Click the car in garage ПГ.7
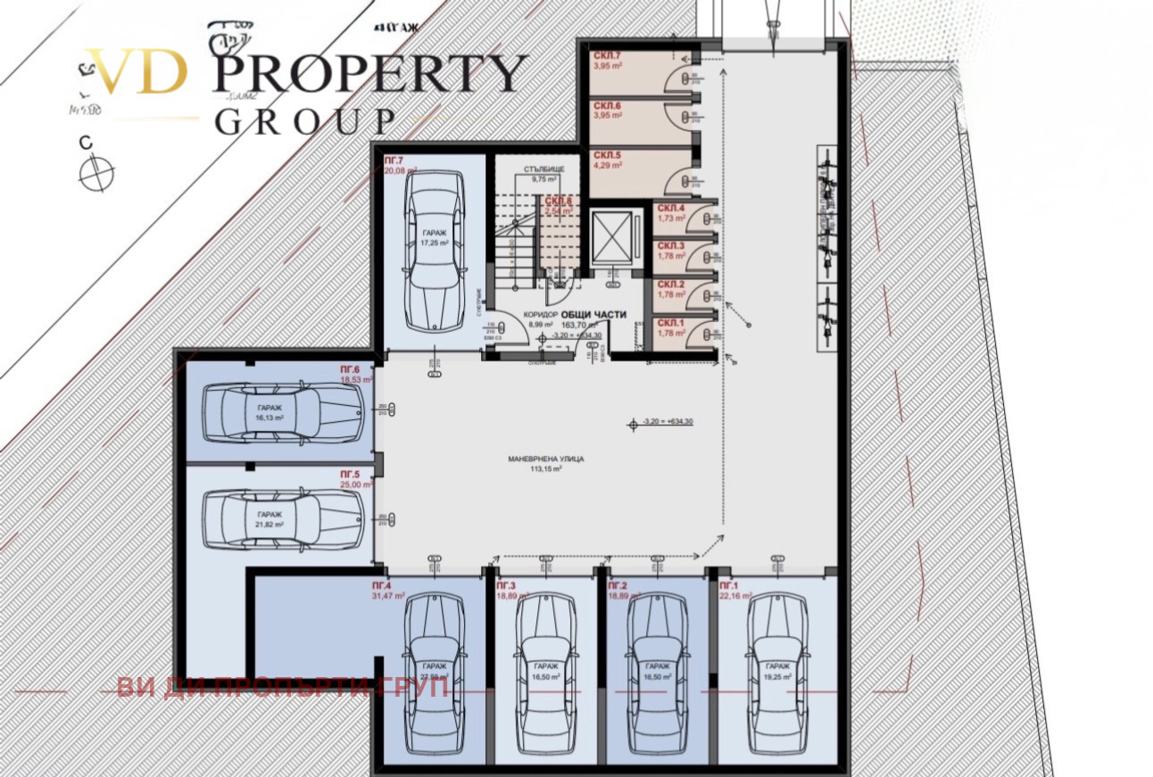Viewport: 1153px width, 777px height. point(434,252)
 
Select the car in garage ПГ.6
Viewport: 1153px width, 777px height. point(283,411)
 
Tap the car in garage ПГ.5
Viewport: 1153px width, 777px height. point(283,520)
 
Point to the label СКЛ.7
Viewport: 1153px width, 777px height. point(607,55)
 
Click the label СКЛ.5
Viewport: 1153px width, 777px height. point(607,154)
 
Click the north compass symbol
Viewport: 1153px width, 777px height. point(96,172)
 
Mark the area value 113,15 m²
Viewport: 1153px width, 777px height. point(545,469)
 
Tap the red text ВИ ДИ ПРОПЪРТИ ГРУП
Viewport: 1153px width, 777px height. point(282,688)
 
